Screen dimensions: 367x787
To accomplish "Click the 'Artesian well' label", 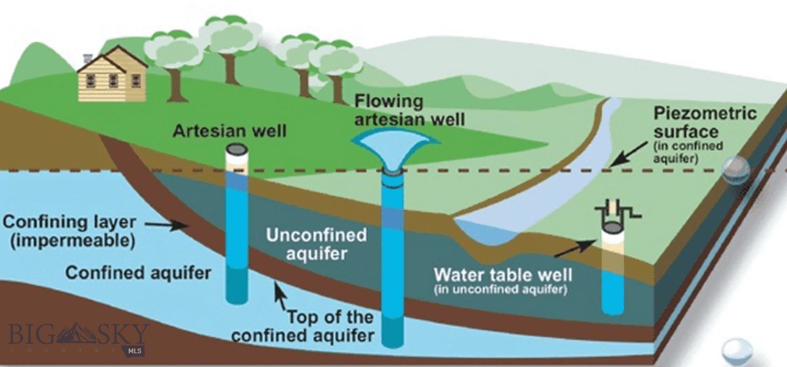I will coord(229,130).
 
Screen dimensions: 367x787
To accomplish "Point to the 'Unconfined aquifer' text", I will coord(316,244).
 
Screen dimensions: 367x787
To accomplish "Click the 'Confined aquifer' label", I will coord(138,273).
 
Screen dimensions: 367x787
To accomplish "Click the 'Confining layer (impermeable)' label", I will coord(70,230).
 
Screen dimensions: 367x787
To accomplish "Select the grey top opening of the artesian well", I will coord(237,150).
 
